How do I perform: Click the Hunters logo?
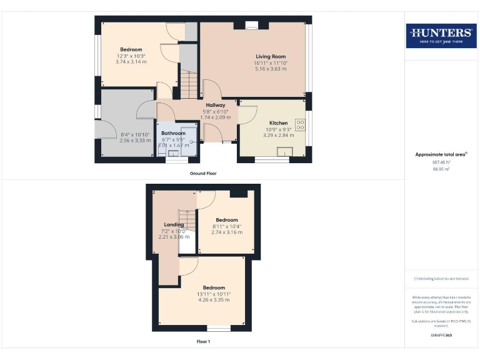tap(441, 36)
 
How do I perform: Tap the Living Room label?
tap(271, 56)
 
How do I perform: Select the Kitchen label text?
tap(278, 122)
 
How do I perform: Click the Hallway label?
tap(216, 105)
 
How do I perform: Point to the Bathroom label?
tap(173, 133)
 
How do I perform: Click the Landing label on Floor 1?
tap(174, 224)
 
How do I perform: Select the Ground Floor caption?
tap(203, 173)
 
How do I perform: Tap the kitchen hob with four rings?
tap(300, 124)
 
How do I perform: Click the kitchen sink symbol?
tap(287, 152)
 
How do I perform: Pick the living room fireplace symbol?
tap(252, 26)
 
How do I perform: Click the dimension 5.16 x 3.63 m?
tap(271, 69)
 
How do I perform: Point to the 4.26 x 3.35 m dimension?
tap(214, 300)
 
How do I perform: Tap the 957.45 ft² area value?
tap(441, 161)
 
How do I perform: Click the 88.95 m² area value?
tap(441, 168)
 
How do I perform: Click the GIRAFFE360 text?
tap(441, 336)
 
